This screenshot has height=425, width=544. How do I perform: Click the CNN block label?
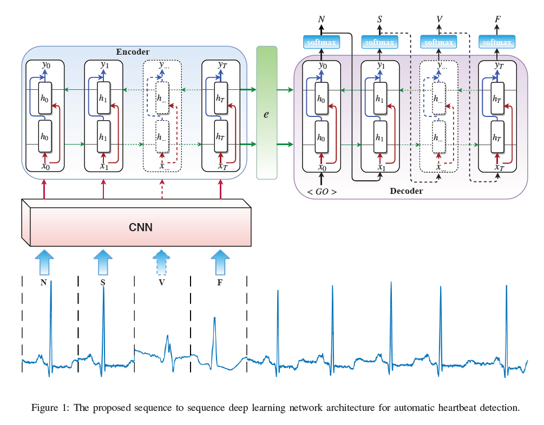pos(140,227)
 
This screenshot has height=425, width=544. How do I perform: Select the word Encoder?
pos(133,52)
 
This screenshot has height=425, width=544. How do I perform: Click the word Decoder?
pos(406,191)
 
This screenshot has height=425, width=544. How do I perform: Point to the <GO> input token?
pos(322,192)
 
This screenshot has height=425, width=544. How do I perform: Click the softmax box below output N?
pos(322,42)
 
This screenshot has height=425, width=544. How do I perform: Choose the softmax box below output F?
pos(496,42)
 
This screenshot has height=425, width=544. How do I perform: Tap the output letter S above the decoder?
pos(380,20)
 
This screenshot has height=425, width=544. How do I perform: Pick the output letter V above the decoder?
pos(439,20)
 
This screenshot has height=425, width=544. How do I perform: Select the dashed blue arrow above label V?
pos(161,263)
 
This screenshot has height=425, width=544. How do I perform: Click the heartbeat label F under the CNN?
pos(220,282)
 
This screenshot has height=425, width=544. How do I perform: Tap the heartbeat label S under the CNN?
pos(103,282)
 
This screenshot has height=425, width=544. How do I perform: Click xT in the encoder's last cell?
pos(221,166)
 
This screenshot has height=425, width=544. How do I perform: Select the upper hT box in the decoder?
pos(497,99)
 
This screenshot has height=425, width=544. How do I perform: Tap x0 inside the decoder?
pos(322,167)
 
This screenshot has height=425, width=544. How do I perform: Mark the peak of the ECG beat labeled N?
pos(51,282)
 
